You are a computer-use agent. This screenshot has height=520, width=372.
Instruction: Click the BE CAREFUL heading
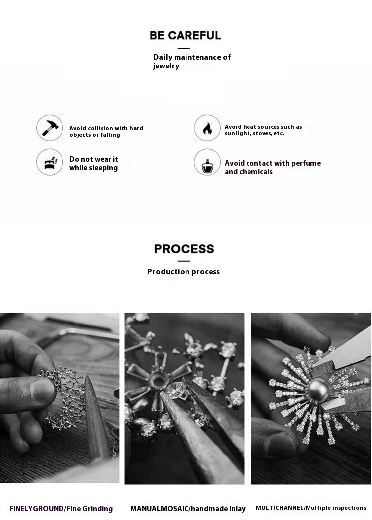coord(186,35)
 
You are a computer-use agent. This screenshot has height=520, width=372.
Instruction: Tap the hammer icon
coord(50,128)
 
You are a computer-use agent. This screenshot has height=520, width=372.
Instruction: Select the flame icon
coord(207,128)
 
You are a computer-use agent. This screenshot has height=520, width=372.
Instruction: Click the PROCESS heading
coord(184,249)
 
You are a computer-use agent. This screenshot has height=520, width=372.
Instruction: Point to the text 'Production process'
coord(184,272)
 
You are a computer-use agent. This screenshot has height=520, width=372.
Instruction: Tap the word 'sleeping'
coord(103,168)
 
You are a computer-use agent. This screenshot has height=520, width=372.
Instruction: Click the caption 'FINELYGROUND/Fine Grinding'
coord(61,509)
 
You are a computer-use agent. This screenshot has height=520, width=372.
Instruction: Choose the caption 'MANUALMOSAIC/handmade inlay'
coord(188,509)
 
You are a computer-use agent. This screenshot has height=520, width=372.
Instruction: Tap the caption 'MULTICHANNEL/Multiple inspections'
coord(311,508)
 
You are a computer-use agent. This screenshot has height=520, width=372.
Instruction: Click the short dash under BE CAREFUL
coord(184,48)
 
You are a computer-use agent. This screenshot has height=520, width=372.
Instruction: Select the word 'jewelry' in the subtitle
coord(166,66)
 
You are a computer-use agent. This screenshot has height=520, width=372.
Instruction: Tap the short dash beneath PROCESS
coord(184,261)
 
